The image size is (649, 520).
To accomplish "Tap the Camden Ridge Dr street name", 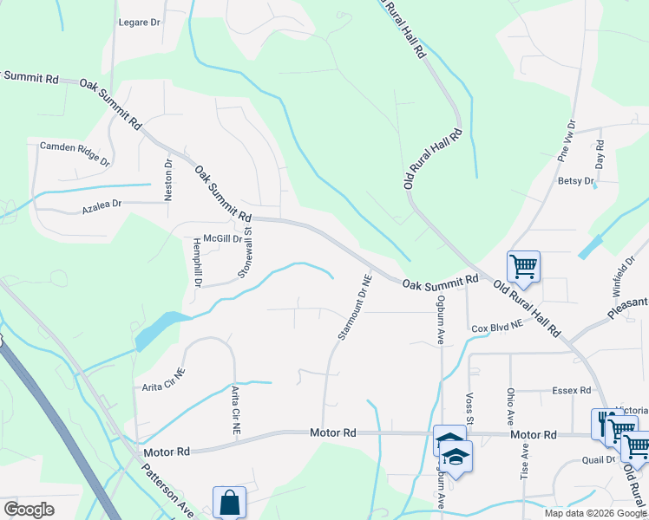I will click(x=75, y=153).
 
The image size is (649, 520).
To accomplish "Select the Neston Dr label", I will click(x=169, y=180).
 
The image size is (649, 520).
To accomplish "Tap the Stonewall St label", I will click(x=246, y=252).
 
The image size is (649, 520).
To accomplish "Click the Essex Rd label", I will click(x=571, y=391).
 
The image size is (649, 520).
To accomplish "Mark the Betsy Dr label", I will click(x=575, y=181).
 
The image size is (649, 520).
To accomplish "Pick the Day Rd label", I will click(x=599, y=153).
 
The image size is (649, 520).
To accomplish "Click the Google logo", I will click(x=29, y=510).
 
